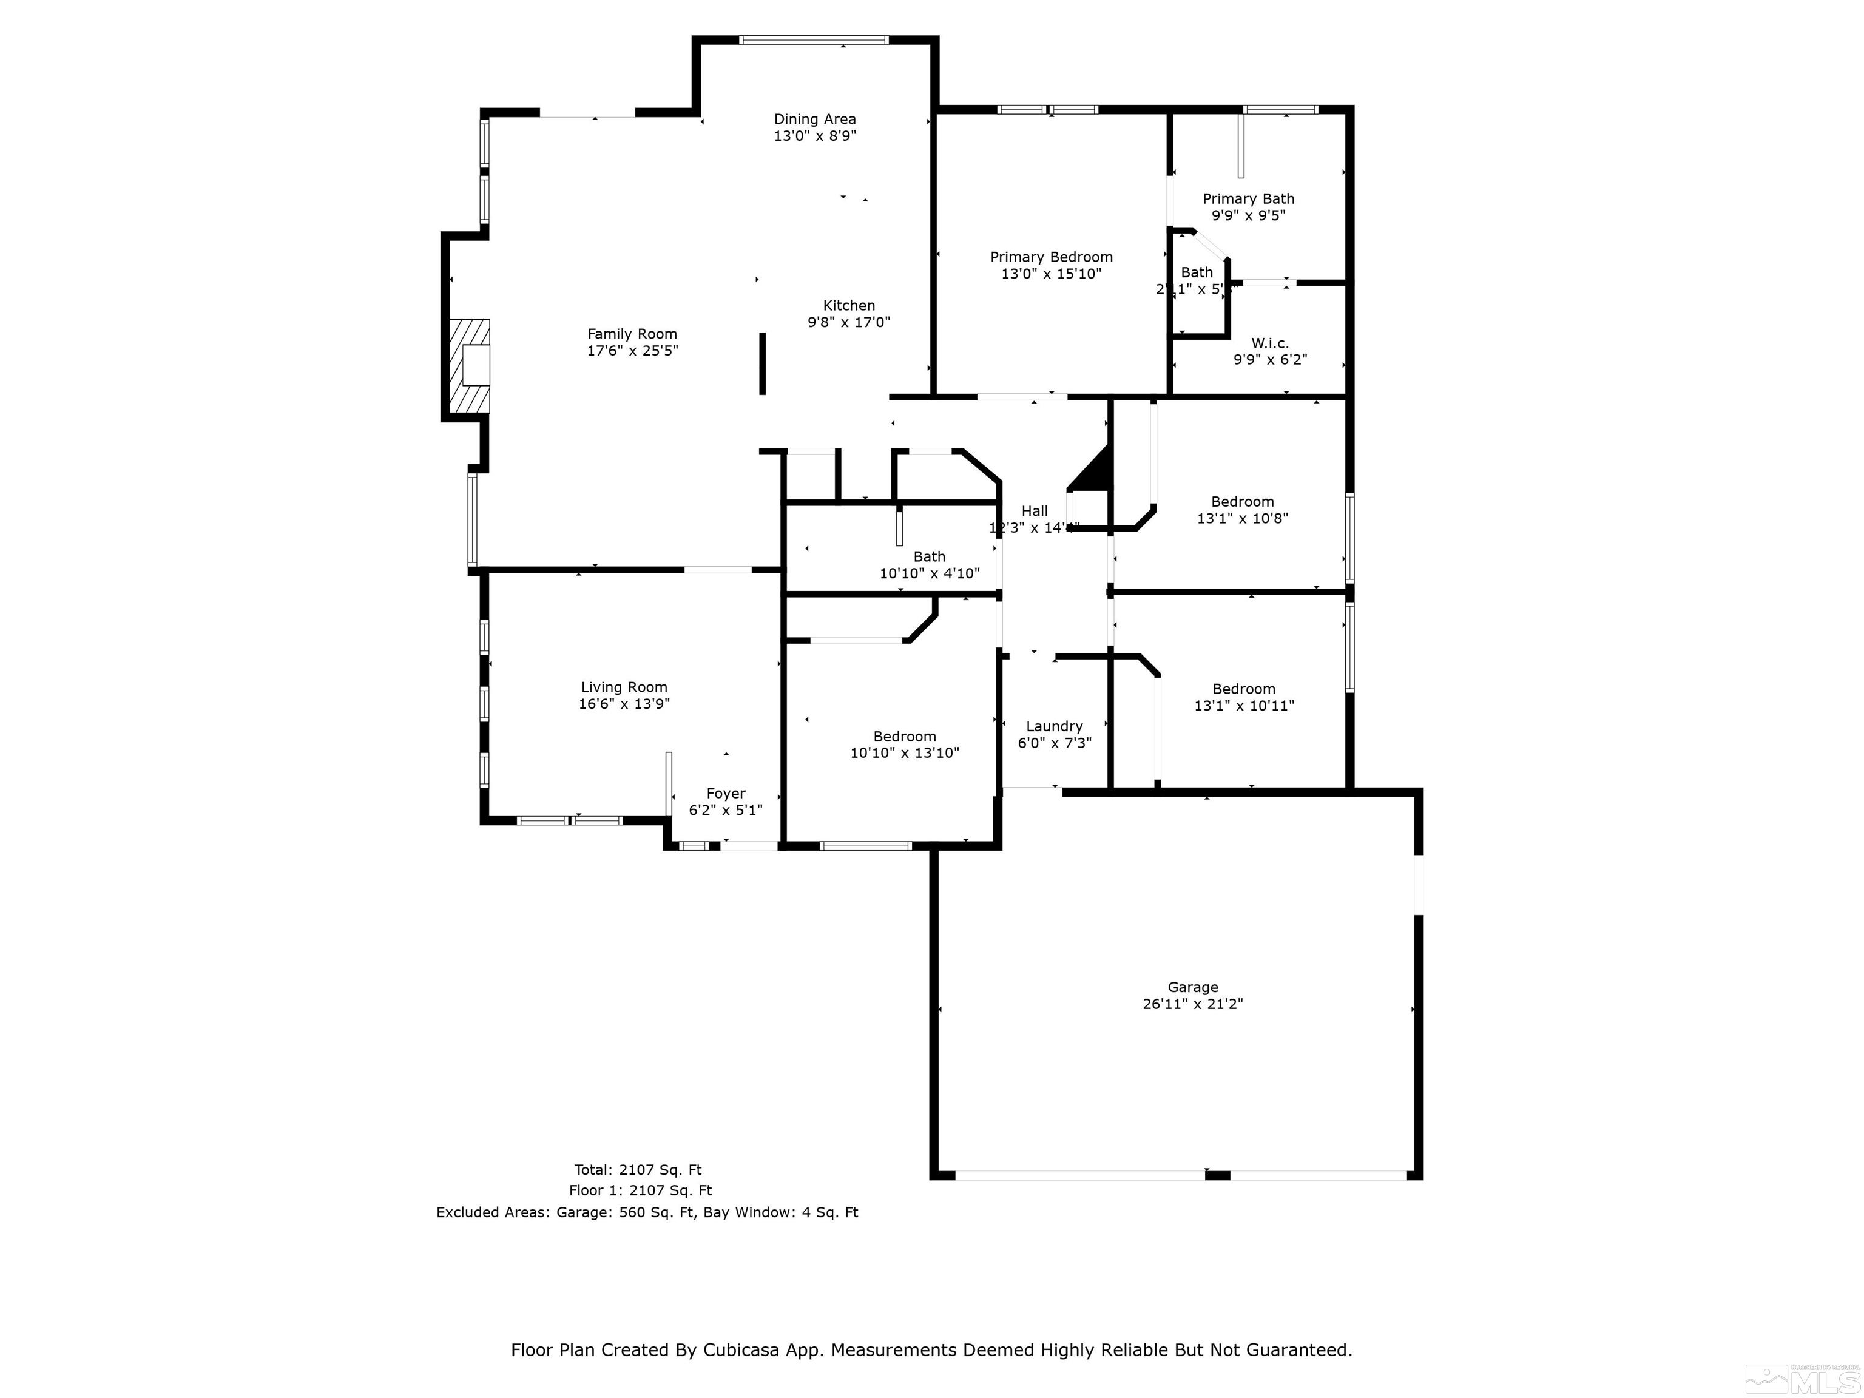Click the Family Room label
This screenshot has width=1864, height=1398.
[632, 334]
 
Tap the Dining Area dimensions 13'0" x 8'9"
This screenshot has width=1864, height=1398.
[815, 136]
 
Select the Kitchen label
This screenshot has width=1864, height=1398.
[849, 305]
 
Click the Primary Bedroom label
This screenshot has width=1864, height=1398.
[1051, 257]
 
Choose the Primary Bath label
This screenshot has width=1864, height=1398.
[1248, 199]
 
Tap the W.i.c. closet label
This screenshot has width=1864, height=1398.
[1269, 343]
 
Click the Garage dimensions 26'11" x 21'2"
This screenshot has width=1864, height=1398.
[1192, 1004]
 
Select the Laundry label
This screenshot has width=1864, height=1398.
[1054, 726]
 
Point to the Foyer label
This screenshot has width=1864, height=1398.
[726, 793]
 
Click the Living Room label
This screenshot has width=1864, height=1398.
[624, 687]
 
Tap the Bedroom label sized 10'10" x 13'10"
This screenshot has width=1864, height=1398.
[904, 737]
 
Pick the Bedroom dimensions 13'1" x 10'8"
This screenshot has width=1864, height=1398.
[1242, 518]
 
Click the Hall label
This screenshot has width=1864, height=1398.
[1034, 511]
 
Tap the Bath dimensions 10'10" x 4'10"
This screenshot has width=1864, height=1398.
[930, 574]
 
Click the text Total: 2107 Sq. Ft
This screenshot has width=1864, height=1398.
[638, 1170]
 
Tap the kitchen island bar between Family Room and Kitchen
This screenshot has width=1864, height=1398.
[763, 363]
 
